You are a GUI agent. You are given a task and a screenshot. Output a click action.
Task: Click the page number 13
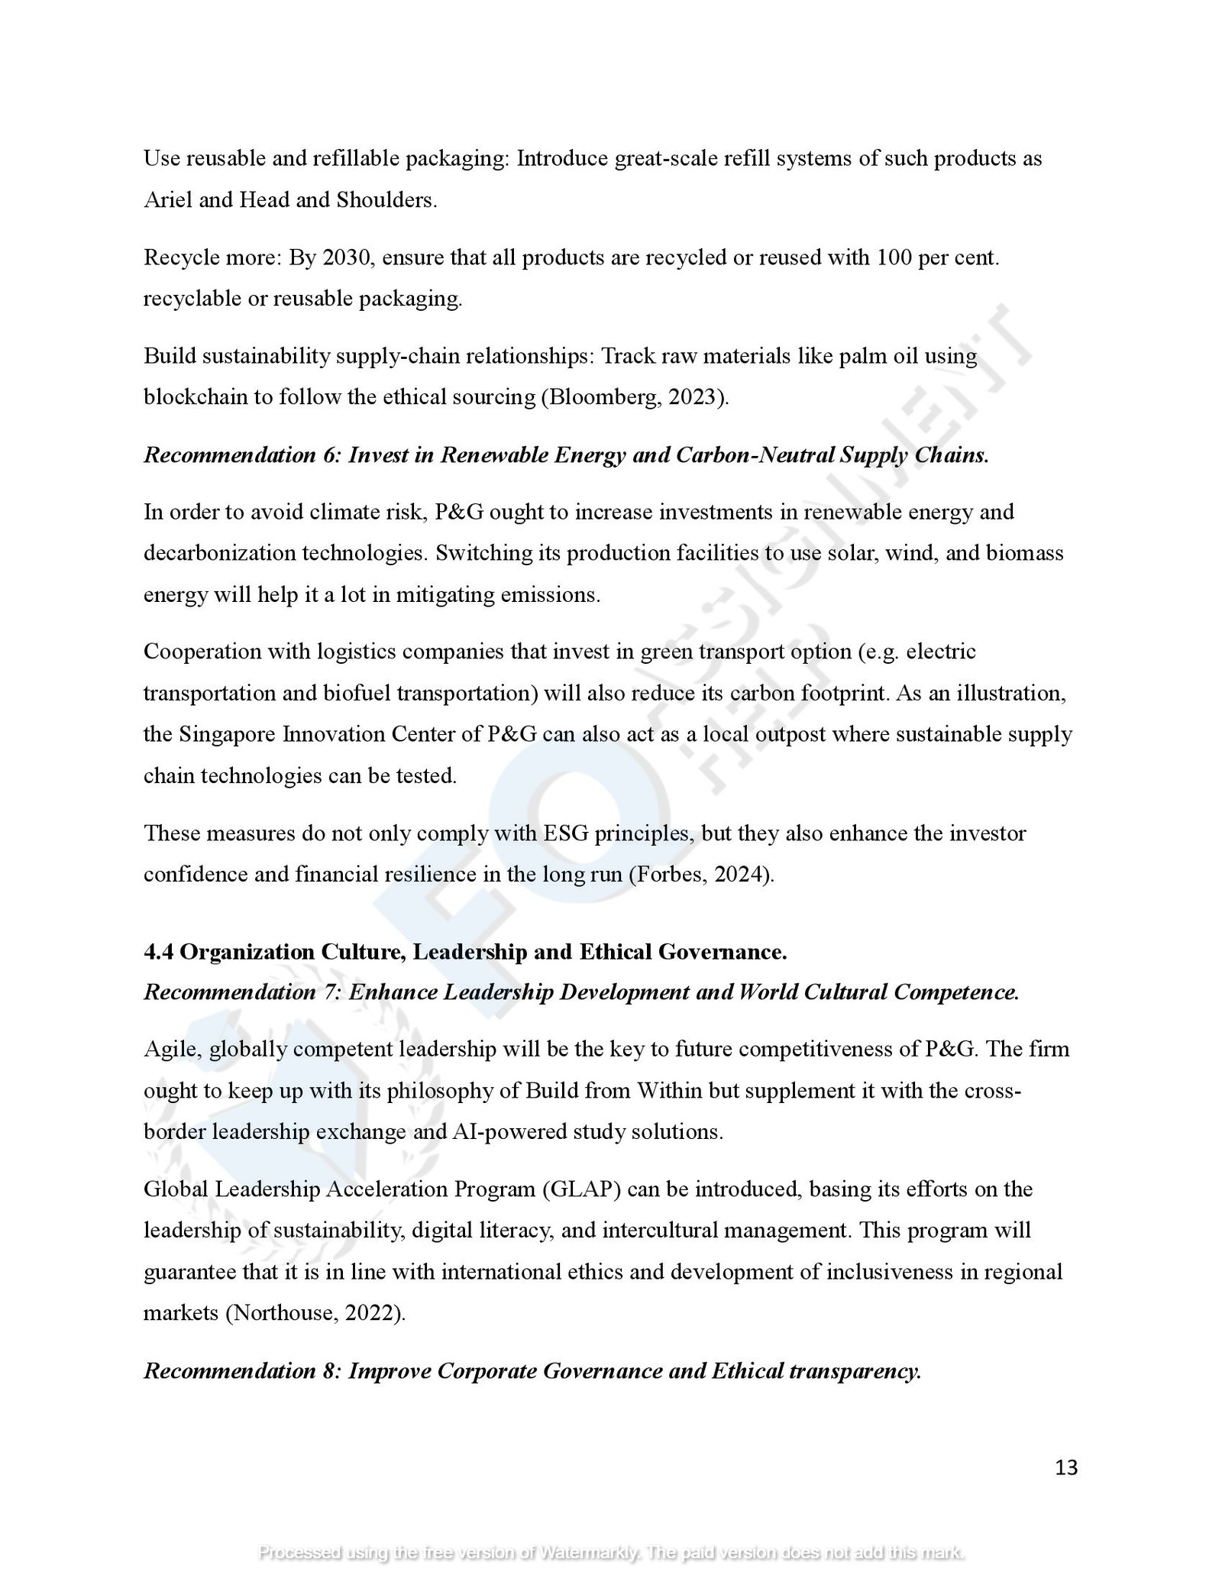(x=1066, y=1467)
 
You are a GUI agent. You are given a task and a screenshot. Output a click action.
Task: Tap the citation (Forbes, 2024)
(x=700, y=874)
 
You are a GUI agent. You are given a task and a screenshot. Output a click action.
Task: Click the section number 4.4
(x=158, y=952)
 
